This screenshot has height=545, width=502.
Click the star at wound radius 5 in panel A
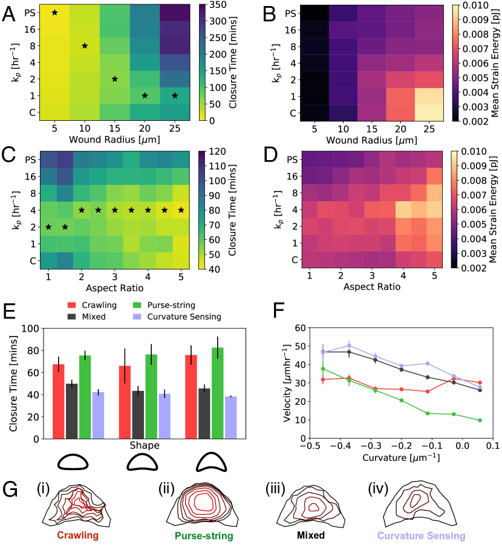54,12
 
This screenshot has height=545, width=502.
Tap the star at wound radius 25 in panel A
175,95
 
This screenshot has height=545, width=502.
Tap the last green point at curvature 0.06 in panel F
480,421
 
